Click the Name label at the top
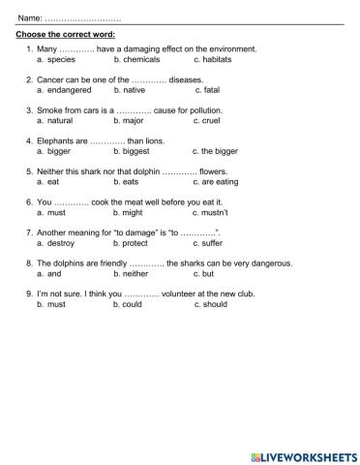30,17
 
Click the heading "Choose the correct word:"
66,34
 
